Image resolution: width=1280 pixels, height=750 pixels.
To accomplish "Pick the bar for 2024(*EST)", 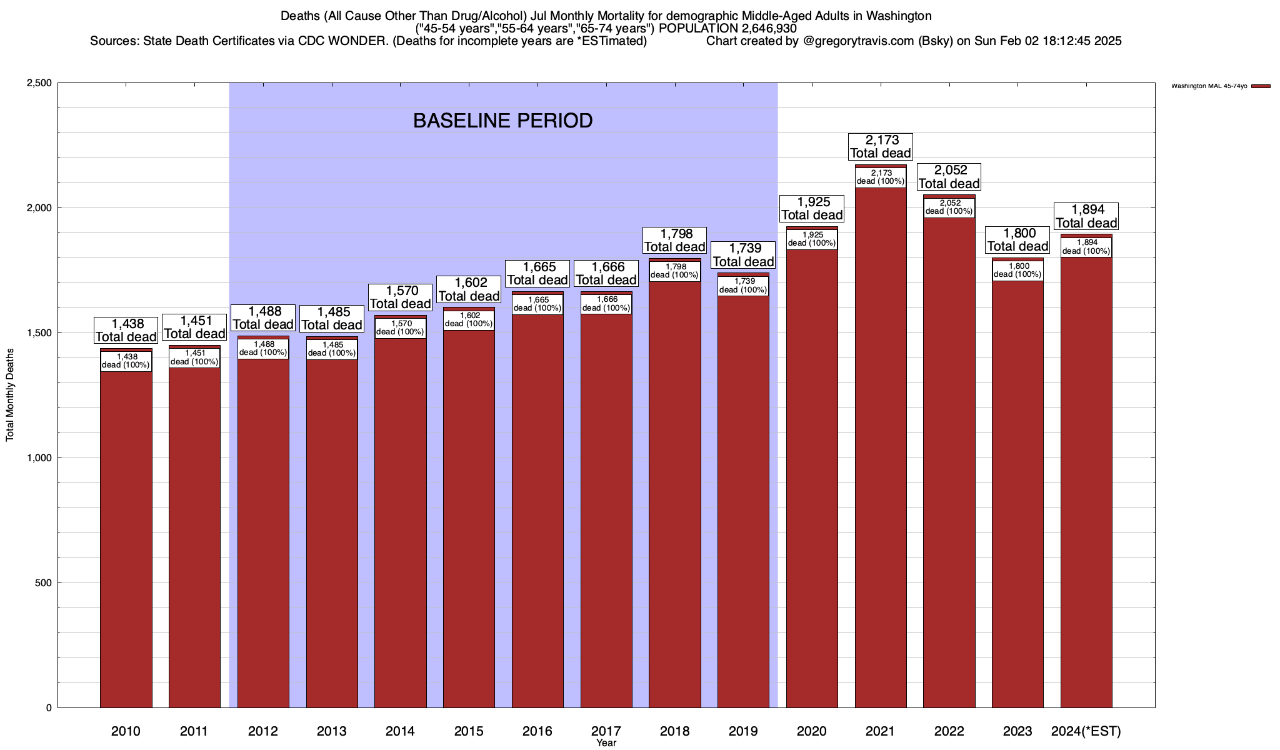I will click(x=1086, y=481).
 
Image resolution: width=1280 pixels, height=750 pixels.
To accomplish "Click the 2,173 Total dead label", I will click(x=881, y=146).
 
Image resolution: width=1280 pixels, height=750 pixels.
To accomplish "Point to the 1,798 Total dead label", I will click(x=675, y=240).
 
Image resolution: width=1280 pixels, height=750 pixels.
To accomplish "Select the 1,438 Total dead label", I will click(x=126, y=330).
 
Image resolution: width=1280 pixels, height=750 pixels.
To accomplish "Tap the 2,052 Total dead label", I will click(x=949, y=177).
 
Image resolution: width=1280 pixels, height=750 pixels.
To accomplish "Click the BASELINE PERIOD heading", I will click(x=502, y=121).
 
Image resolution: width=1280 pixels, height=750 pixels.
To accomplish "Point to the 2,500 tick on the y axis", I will click(x=39, y=83).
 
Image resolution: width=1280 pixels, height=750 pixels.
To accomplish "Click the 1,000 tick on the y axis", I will click(x=39, y=458).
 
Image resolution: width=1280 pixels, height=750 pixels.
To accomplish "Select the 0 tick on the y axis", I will click(x=48, y=708).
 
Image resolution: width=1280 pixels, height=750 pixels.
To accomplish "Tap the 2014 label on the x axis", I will click(x=400, y=731).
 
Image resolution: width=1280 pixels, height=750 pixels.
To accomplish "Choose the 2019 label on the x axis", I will click(x=743, y=731).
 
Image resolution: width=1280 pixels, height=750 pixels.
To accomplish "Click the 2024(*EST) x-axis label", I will click(x=1086, y=731).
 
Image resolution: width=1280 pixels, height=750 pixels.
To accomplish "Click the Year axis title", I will click(x=606, y=743).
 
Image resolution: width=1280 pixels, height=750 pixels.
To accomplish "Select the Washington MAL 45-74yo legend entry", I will click(x=1209, y=86).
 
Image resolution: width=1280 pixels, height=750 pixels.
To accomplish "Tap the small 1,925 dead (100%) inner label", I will click(x=812, y=239).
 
